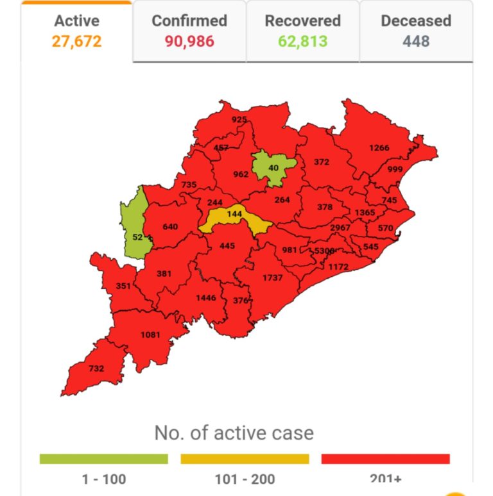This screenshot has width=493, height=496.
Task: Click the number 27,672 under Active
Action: point(77,42)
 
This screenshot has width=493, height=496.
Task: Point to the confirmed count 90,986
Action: point(189,42)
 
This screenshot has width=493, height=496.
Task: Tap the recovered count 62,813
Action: point(302,42)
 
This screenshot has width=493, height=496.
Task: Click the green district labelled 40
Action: point(273,167)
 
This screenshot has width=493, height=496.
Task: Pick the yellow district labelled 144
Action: point(234,215)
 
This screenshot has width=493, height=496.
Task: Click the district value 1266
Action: point(379,148)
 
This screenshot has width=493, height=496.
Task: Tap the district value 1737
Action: point(273,277)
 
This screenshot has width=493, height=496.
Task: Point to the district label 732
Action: point(96,368)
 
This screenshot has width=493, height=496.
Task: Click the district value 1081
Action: point(150,334)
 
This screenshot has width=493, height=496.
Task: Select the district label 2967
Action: point(340,228)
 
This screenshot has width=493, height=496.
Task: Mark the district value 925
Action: point(239,119)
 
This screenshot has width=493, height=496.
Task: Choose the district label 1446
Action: point(206,298)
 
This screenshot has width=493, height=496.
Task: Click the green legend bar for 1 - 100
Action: point(103,459)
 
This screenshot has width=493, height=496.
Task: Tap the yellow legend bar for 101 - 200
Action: point(245,459)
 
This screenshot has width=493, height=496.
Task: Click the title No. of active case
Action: point(234,433)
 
